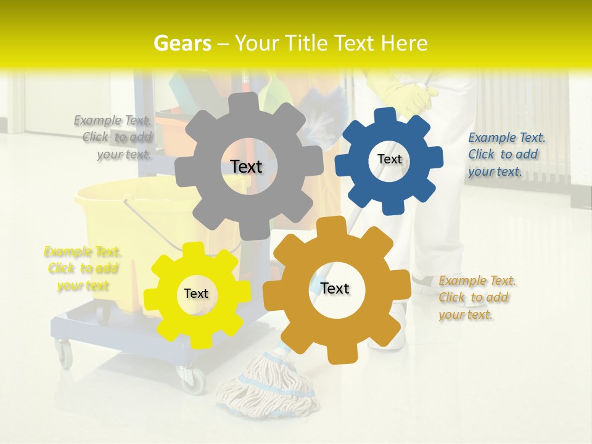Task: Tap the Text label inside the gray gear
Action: [x=246, y=166]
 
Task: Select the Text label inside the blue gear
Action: [x=389, y=159]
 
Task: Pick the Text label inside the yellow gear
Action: [x=196, y=294]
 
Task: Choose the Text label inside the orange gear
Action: [x=335, y=288]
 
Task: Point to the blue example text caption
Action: [x=506, y=154]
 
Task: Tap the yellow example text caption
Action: [x=83, y=268]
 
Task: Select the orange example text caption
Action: [x=477, y=297]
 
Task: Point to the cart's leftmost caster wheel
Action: [x=64, y=355]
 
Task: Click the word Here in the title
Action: [x=405, y=43]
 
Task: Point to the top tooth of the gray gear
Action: [x=247, y=102]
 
